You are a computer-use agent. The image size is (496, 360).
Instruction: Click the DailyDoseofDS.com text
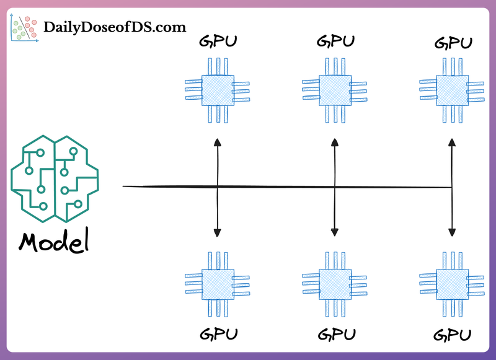coord(115,27)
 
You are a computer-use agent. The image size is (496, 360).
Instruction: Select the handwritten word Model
coord(53,242)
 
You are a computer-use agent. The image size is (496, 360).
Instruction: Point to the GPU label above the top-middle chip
coord(335,42)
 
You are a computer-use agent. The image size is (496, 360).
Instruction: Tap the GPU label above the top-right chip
coord(453,43)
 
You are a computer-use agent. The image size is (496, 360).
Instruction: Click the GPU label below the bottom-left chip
coord(218,335)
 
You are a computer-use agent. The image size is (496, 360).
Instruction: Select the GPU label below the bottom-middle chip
coord(335,335)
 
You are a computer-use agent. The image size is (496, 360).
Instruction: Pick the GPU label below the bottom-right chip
coord(453,336)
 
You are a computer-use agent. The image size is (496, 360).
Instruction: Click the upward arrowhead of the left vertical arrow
coord(218,143)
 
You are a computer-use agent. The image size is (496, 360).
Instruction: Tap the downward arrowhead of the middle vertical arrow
coord(334,232)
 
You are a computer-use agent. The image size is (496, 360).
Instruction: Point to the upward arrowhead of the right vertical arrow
coord(451,143)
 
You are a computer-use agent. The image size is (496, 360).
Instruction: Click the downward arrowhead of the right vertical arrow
coord(451,232)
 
